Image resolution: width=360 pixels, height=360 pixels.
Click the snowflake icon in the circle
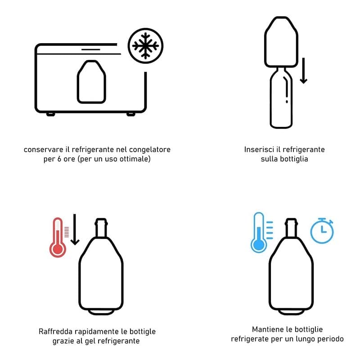(x=145, y=46)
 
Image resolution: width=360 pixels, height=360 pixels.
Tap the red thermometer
(x=58, y=238)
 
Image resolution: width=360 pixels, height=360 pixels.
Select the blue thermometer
(x=259, y=232)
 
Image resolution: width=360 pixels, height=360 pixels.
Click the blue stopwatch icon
(x=322, y=230)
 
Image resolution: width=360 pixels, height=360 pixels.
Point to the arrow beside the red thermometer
(x=75, y=229)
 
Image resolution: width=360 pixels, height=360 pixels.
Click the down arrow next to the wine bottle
(x=303, y=71)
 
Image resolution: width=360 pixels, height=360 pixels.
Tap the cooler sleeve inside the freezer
(x=91, y=82)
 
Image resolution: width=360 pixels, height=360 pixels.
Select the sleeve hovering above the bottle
(x=281, y=42)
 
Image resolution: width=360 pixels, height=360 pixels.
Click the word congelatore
(x=150, y=150)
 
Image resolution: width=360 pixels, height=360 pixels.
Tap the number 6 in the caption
(x=59, y=159)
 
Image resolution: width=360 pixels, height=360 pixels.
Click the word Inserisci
(x=259, y=149)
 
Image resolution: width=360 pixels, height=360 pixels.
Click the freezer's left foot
(x=51, y=114)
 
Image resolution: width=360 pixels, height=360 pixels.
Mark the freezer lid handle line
(x=91, y=49)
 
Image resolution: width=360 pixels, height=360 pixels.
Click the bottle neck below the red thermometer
(x=101, y=228)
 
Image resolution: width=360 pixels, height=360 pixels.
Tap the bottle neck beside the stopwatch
(x=291, y=228)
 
